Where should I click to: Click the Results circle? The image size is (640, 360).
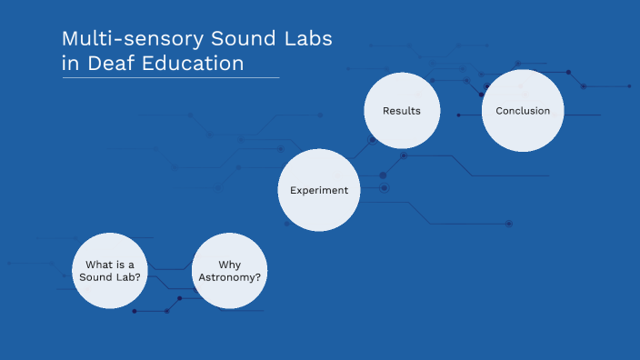(x=401, y=111)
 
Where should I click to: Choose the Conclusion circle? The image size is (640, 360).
(x=523, y=111)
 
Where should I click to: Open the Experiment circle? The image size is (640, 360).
(x=318, y=190)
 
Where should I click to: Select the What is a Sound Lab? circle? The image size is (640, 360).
(x=109, y=270)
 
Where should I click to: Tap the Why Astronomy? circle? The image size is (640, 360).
(x=229, y=270)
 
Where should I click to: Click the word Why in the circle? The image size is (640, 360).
(x=229, y=264)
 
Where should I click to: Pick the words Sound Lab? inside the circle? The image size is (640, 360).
(x=109, y=276)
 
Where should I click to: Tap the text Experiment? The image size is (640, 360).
(x=318, y=190)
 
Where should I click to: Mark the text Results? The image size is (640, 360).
(x=401, y=111)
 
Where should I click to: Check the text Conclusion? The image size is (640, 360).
(x=523, y=111)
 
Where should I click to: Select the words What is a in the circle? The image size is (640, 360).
(x=109, y=264)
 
